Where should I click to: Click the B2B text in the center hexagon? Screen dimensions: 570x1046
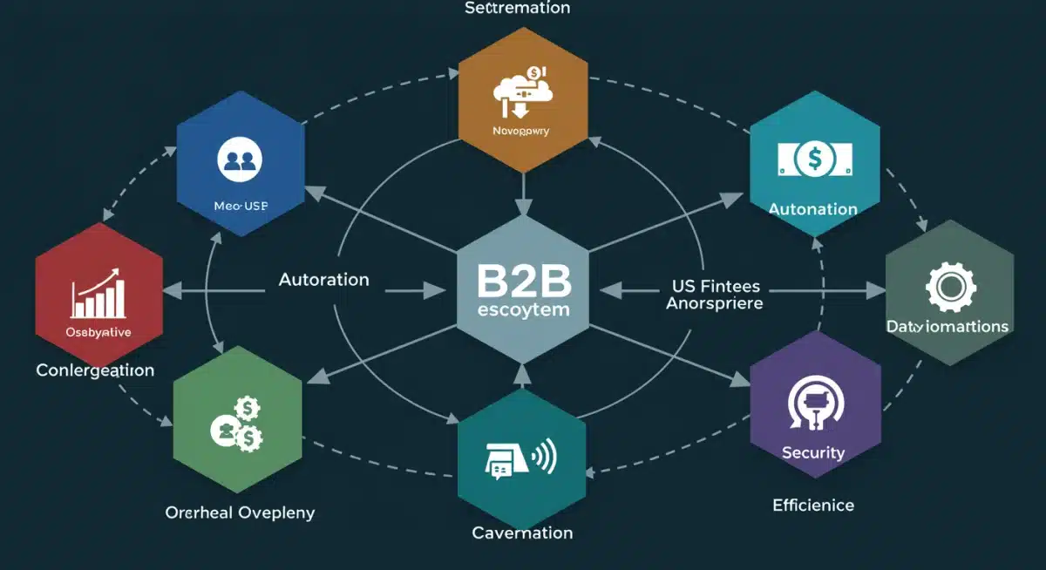(523, 280)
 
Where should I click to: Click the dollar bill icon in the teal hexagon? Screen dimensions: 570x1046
(814, 159)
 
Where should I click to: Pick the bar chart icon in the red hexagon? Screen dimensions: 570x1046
(98, 294)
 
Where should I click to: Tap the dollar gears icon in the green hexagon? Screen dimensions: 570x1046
(237, 424)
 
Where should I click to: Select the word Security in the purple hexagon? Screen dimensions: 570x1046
(813, 452)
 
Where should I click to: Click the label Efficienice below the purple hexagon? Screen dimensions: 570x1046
(813, 505)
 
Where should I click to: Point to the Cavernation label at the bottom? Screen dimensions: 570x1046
(522, 532)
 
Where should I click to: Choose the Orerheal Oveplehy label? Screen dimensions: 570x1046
(240, 512)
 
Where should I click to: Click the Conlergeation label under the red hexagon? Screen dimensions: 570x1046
(95, 370)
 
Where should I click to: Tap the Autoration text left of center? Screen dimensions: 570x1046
(323, 280)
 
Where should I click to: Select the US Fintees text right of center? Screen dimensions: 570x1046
(716, 286)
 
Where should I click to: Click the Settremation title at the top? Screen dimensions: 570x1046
(517, 9)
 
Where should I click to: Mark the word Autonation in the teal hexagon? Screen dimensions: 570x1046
(813, 209)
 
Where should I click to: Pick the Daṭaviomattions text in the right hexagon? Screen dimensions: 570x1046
(948, 327)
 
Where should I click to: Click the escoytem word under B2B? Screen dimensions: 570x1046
(523, 309)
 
